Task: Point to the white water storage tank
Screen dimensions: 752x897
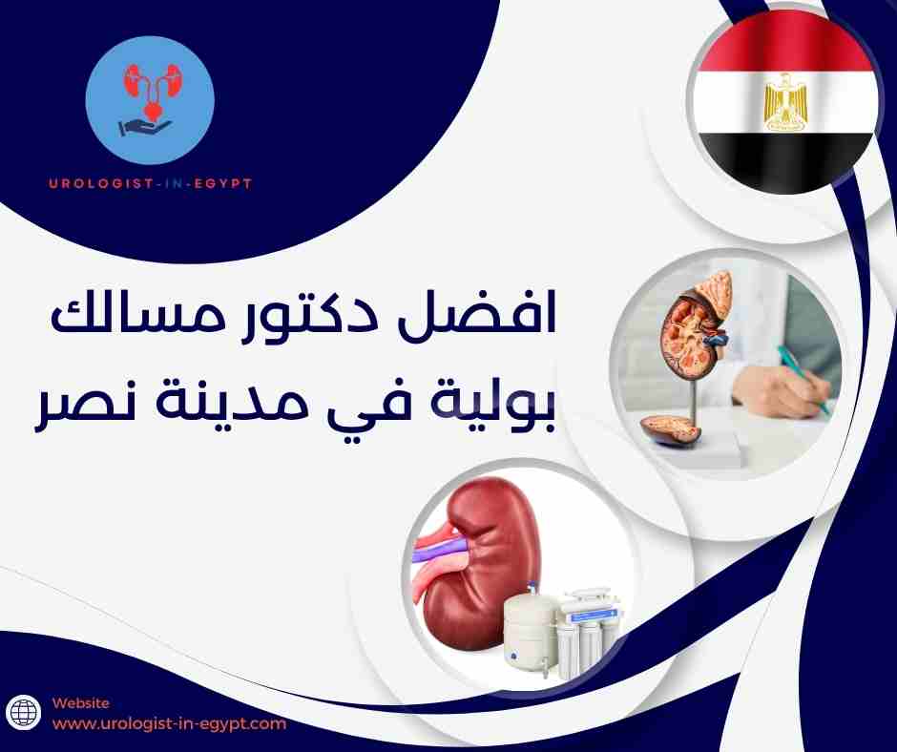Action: click(x=529, y=625)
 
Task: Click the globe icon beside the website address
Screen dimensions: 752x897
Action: click(x=26, y=713)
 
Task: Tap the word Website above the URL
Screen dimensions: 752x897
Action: click(x=81, y=701)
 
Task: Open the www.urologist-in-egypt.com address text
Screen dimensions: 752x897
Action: click(x=169, y=723)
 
